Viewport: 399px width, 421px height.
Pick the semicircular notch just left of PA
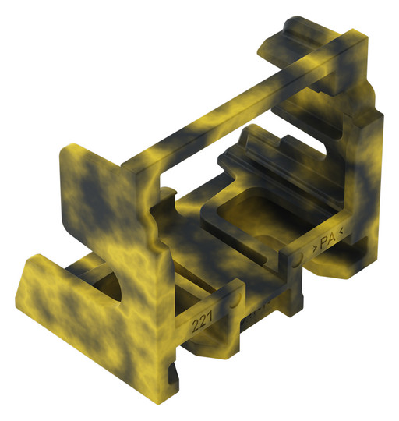click(x=298, y=256)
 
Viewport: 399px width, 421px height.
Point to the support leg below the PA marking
click(x=327, y=269)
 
